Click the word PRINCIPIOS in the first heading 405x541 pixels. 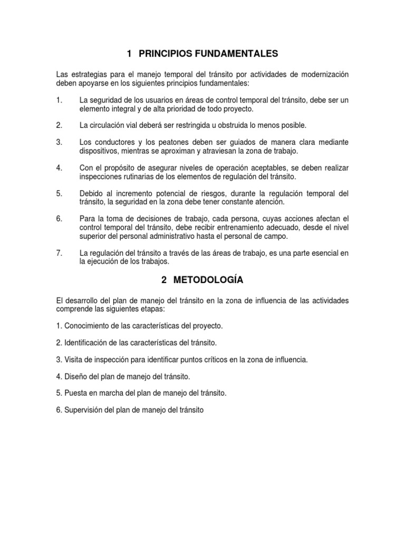click(168, 53)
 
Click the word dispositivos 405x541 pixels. click(99, 151)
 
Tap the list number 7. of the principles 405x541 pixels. click(60, 253)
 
